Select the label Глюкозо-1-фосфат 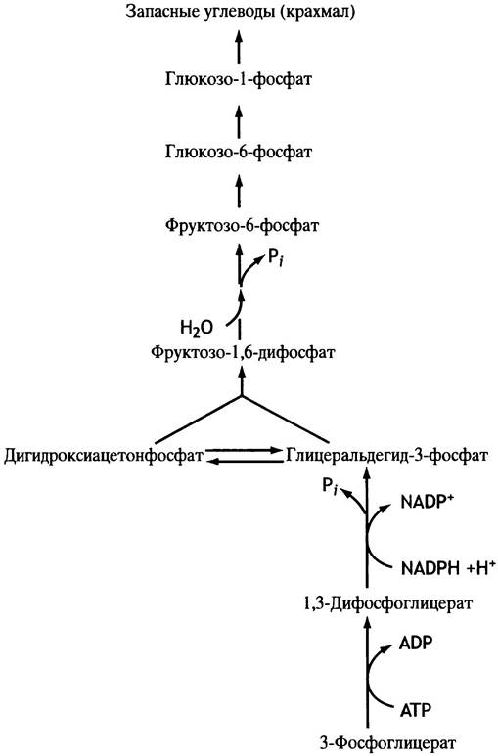[239, 79]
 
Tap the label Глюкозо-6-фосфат [239, 153]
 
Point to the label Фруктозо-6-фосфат [242, 225]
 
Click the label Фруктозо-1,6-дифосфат [243, 352]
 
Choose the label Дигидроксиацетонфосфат [104, 456]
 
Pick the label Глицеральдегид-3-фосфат [387, 456]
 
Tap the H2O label [197, 329]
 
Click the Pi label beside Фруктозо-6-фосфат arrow [275, 259]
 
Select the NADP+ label [428, 503]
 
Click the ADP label [416, 643]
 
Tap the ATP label [415, 710]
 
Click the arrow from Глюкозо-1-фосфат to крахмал [239, 45]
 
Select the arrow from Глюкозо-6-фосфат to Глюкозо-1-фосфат [239, 117]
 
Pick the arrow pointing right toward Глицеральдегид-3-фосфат [245, 450]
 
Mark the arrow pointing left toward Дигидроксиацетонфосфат [245, 462]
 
